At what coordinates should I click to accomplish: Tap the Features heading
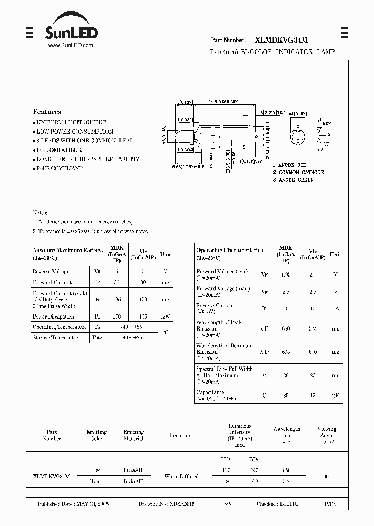(47, 112)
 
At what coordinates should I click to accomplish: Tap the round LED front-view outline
(298, 137)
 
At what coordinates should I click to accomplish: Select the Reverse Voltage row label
(51, 272)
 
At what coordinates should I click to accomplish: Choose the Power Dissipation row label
(54, 317)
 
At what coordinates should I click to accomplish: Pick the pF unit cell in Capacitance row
(336, 396)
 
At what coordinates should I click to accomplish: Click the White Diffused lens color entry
(181, 476)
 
